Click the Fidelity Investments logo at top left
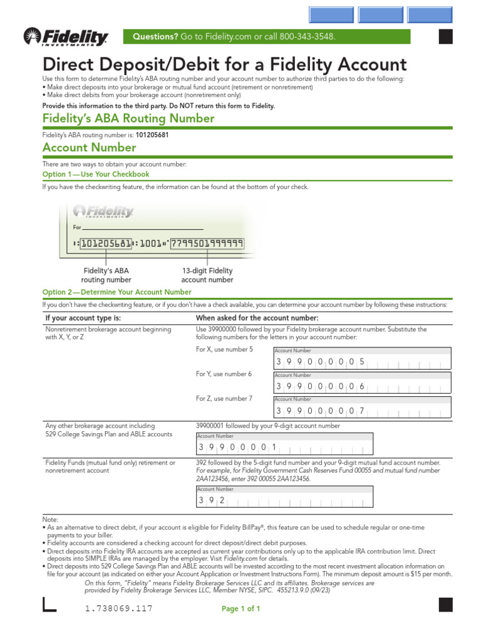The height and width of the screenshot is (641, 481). coord(66,38)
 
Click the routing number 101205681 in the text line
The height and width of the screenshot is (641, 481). coord(148,135)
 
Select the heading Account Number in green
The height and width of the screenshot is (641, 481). coord(89,148)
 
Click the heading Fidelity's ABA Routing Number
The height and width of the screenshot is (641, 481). coord(128,118)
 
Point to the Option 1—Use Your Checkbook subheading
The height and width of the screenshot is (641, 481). coord(96,174)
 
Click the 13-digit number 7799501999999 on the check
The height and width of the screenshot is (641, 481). coord(207,244)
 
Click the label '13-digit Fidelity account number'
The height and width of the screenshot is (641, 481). coord(207,275)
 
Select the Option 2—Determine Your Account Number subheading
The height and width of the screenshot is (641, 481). coord(116,292)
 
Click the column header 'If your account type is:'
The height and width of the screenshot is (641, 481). coord(83,318)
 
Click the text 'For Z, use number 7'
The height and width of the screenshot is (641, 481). coord(225,398)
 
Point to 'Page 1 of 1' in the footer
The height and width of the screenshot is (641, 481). coord(240,608)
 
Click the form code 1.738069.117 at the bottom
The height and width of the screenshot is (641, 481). coord(118,608)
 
